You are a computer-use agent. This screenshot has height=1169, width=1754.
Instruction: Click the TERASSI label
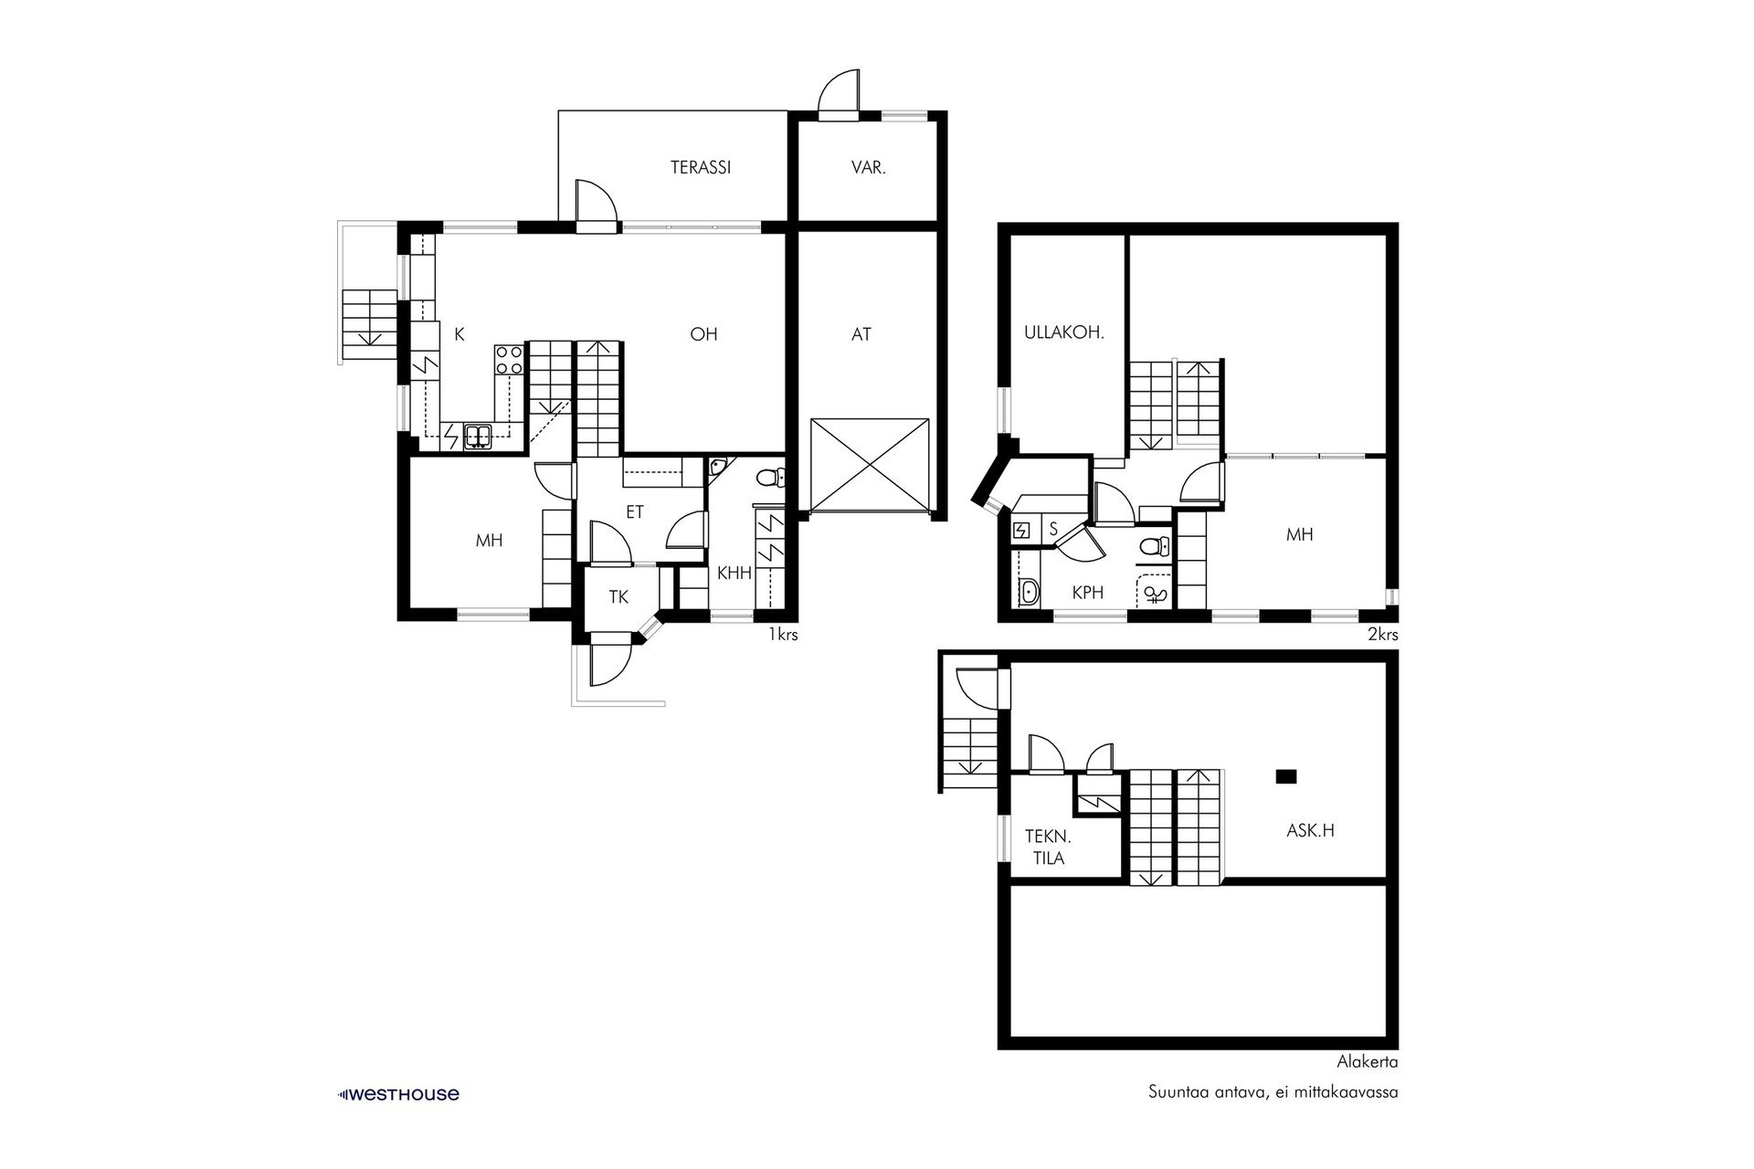pos(701,168)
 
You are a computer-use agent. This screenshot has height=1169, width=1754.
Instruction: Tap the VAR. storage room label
pos(869,168)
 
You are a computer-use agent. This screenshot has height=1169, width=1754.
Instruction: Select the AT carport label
pos(861,335)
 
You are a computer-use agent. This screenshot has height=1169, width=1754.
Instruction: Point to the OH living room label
pos(703,334)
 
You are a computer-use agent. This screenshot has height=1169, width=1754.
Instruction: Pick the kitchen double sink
pos(478,437)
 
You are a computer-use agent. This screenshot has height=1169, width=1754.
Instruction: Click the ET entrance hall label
pos(635,512)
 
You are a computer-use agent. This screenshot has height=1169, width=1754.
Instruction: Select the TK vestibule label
pos(618,597)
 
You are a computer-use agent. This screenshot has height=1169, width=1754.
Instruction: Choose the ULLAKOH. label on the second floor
pos(1064,333)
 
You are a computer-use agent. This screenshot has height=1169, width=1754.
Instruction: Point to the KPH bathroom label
pos(1088,593)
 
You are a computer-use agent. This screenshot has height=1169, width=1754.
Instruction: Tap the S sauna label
pos(1053,528)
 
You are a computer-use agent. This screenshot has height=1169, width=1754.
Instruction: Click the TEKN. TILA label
pos(1047,847)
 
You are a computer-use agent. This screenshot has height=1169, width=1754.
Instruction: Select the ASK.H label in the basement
pos(1311,830)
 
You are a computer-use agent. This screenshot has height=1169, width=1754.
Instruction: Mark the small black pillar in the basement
pos(1286,776)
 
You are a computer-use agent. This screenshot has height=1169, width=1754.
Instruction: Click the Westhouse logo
pos(398,1094)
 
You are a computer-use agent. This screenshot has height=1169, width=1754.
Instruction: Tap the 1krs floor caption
pos(783,635)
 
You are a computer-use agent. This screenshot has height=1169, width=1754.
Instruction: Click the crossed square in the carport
pos(870,464)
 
